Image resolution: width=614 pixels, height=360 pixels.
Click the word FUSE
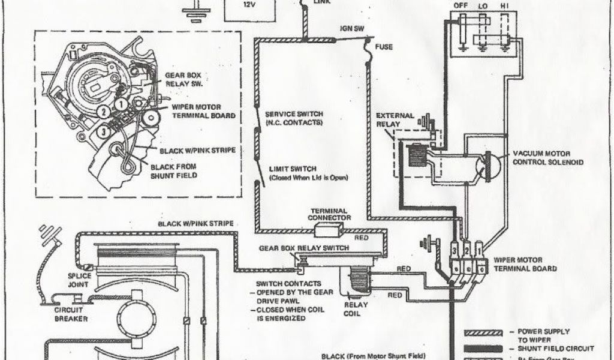(x=384, y=46)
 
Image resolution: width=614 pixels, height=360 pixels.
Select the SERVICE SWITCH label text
(x=290, y=117)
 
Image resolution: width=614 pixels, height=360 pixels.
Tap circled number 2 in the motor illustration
(x=104, y=111)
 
